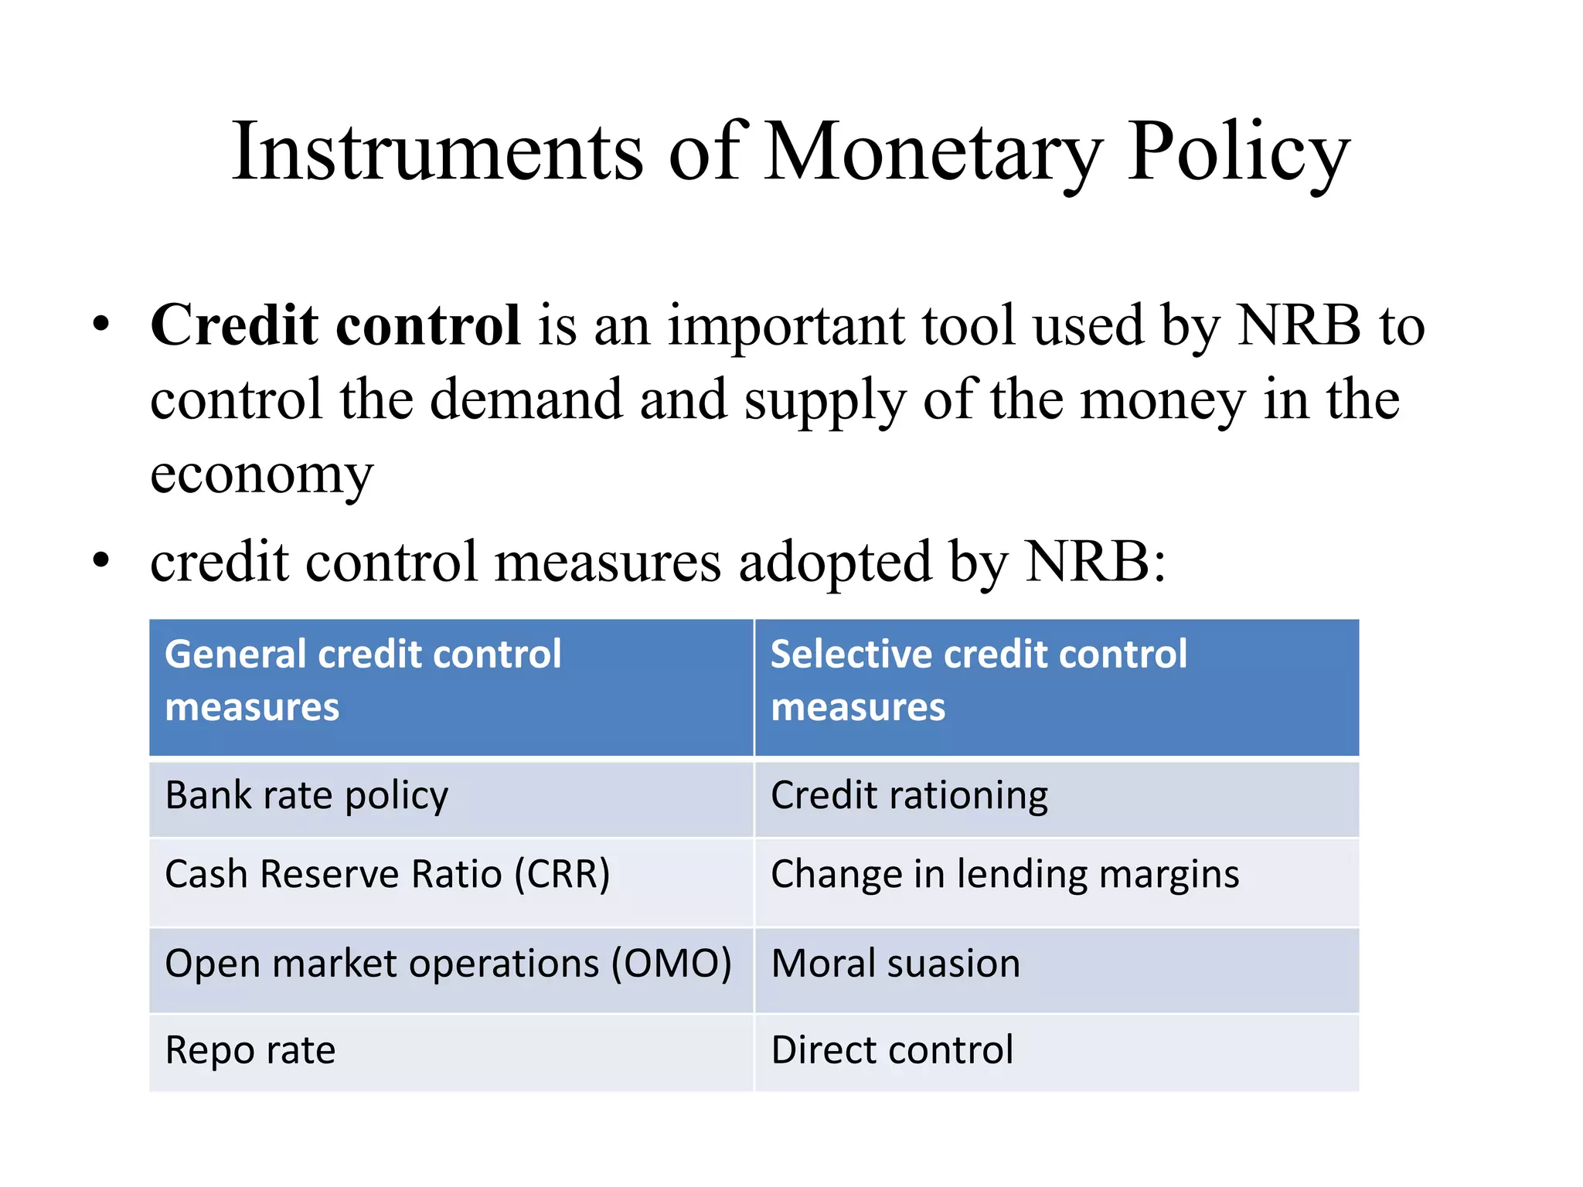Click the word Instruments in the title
(x=437, y=152)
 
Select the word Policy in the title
(x=1237, y=152)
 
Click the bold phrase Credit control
(x=335, y=325)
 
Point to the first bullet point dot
(x=100, y=325)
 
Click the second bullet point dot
(x=100, y=562)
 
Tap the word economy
(x=261, y=474)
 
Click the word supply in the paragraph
(x=825, y=401)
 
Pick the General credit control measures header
(x=451, y=686)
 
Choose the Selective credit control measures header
(x=1056, y=686)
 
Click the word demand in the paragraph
(x=526, y=401)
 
